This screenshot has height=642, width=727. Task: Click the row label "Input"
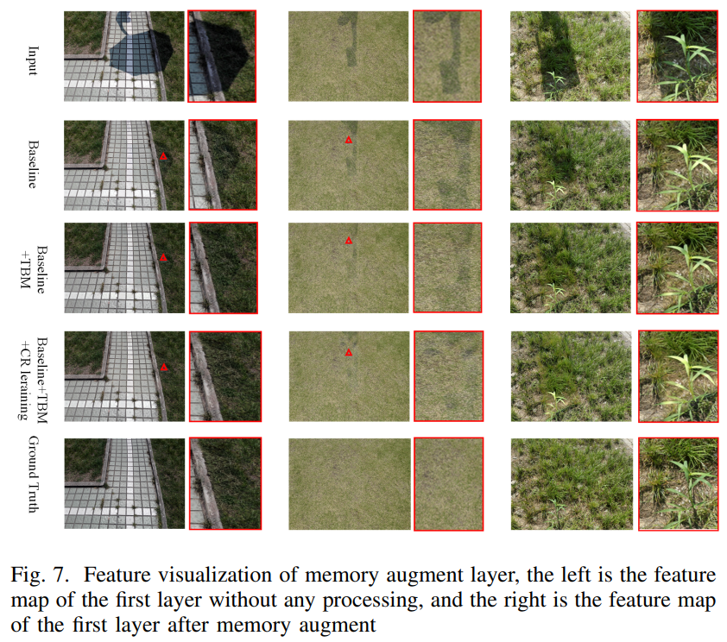tap(32, 59)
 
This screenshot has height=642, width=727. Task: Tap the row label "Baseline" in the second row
tap(34, 165)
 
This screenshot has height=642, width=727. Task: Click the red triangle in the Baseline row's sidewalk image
tap(163, 157)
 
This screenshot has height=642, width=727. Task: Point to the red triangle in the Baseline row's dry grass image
tap(349, 140)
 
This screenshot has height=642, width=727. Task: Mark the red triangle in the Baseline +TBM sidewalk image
tap(162, 258)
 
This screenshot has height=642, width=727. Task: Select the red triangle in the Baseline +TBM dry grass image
tap(349, 241)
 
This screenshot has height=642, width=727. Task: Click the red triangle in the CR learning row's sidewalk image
tap(164, 368)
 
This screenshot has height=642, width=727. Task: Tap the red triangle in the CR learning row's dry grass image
tap(349, 353)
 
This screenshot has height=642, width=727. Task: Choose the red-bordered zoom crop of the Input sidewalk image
tap(222, 56)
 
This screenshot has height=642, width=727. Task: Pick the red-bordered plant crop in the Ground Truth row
tap(677, 484)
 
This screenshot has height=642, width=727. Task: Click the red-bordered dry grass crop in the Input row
tap(448, 56)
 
